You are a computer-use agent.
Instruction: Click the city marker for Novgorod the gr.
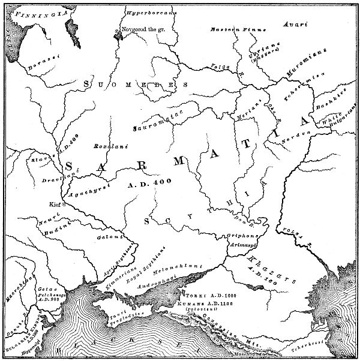point(119,31)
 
